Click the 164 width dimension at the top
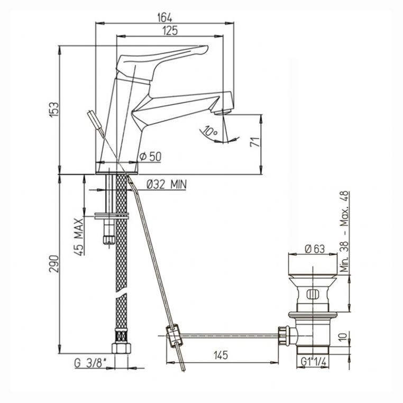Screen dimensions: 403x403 click(x=164, y=18)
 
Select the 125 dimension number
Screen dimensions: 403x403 click(x=170, y=31)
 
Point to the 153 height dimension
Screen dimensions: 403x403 click(x=54, y=110)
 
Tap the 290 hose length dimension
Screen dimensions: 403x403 click(x=54, y=264)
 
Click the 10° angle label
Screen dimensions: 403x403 click(x=210, y=131)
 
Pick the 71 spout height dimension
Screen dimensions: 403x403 click(x=255, y=142)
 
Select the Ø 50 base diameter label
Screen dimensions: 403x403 click(x=150, y=157)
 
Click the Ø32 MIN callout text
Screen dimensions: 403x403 click(x=167, y=184)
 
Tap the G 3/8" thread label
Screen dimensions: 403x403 click(x=90, y=363)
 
